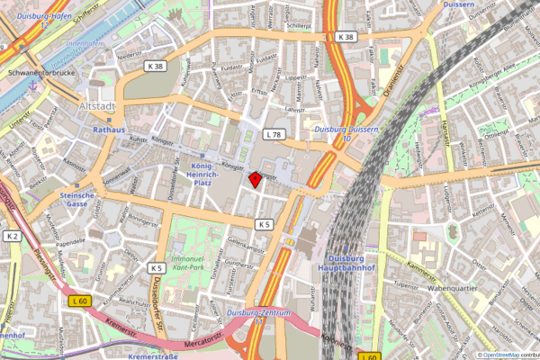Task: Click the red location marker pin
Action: (255, 179)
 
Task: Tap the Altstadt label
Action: (98, 108)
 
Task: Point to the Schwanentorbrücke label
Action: (38, 72)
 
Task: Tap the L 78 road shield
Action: (274, 134)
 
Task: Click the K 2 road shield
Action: (12, 236)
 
